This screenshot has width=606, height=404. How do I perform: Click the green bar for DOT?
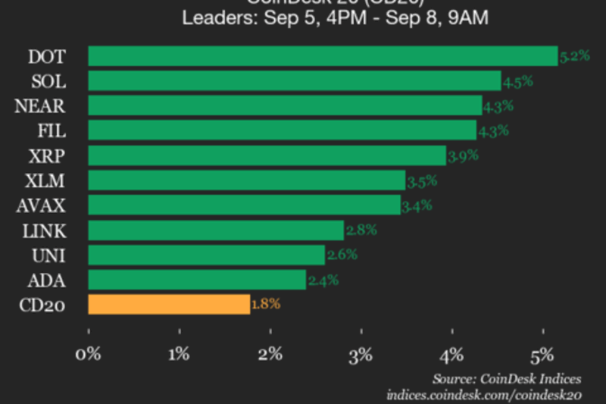tap(323, 56)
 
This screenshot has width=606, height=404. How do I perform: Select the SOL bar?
tap(295, 81)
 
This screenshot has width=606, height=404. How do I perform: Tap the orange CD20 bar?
tap(169, 305)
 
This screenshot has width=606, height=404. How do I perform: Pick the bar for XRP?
tap(267, 155)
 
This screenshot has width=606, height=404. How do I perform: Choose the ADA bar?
tap(197, 280)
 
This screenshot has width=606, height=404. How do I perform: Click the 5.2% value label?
tap(574, 55)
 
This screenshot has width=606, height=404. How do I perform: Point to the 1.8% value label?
tap(266, 304)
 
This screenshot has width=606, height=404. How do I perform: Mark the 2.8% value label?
tap(361, 230)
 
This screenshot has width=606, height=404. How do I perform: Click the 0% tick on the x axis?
tap(89, 352)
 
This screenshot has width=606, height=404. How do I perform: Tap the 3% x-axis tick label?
tap(362, 352)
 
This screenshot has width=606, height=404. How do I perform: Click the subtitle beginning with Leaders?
tap(335, 17)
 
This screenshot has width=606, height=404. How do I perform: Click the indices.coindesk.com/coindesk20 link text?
tap(484, 394)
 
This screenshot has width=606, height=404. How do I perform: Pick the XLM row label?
tap(45, 180)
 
